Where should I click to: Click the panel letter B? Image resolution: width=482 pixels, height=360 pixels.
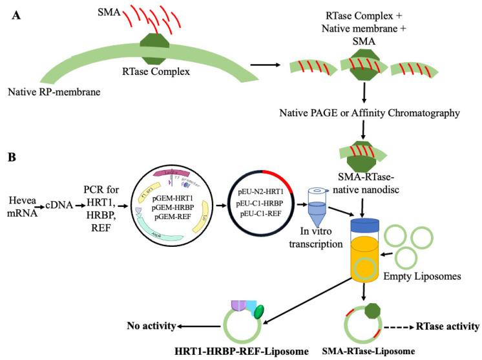pyautogui.click(x=11, y=156)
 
